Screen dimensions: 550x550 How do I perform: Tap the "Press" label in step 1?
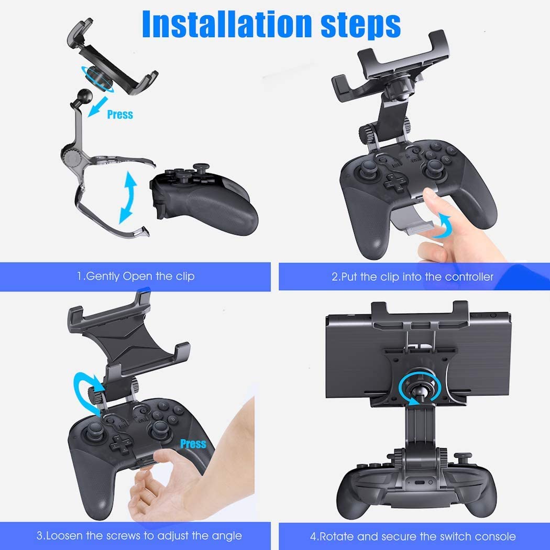[120, 114]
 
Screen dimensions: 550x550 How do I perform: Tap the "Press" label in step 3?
[193, 444]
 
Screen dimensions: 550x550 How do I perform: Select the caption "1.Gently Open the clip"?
[136, 276]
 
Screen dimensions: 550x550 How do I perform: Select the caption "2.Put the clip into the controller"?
[413, 277]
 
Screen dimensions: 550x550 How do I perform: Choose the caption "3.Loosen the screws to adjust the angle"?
[139, 535]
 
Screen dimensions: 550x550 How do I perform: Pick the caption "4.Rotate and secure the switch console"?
[413, 536]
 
